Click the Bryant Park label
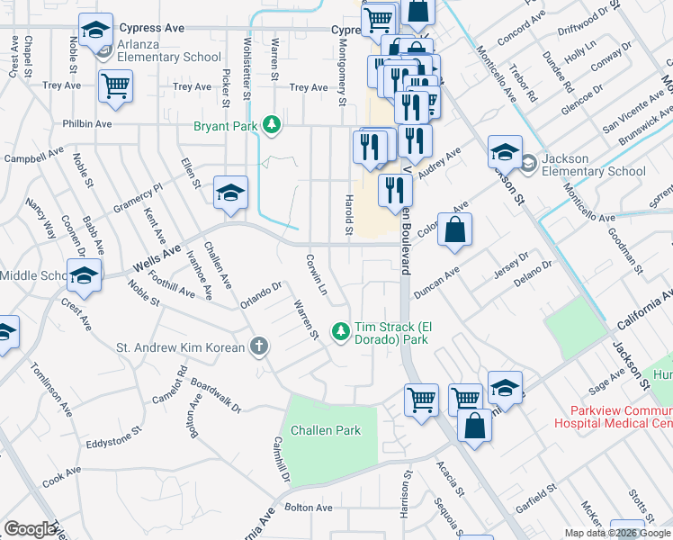(x=228, y=126)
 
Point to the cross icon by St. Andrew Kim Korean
(x=259, y=346)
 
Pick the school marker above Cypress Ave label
(x=95, y=31)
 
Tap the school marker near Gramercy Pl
(x=230, y=193)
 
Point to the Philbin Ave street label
(x=87, y=124)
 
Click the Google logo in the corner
(x=30, y=529)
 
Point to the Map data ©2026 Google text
(x=617, y=533)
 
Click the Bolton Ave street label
(x=309, y=508)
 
